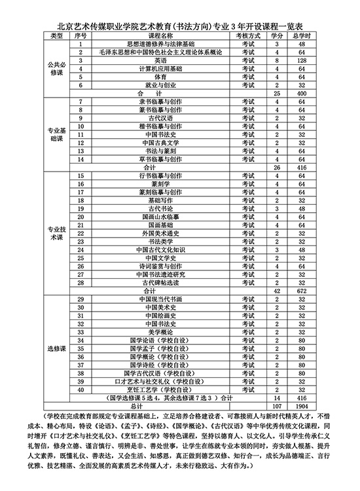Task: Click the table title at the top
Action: click(x=179, y=25)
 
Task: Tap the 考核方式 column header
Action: click(x=247, y=35)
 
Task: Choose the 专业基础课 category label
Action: click(x=55, y=134)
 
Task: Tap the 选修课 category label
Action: click(x=55, y=350)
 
